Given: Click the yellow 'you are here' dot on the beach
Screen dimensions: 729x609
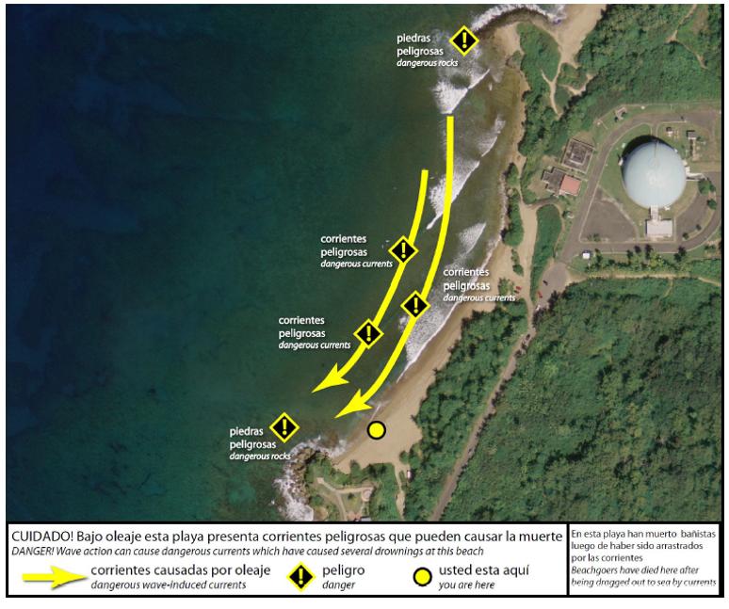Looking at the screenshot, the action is tap(377, 430).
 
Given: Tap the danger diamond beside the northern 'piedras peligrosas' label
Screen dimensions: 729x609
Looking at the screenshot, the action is tap(463, 40).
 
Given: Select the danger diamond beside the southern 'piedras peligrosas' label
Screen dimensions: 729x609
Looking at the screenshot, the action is tap(283, 427).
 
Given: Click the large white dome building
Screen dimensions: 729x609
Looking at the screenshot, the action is tap(656, 176).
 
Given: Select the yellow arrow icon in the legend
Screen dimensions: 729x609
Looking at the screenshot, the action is tap(48, 577).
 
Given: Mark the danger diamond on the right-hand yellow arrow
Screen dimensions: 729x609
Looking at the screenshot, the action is tap(415, 304).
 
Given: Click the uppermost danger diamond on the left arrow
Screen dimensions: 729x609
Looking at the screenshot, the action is tap(403, 249).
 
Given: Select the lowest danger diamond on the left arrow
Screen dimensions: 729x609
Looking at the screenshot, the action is tap(367, 332).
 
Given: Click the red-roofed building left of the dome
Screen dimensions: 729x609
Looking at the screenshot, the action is tap(569, 184).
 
